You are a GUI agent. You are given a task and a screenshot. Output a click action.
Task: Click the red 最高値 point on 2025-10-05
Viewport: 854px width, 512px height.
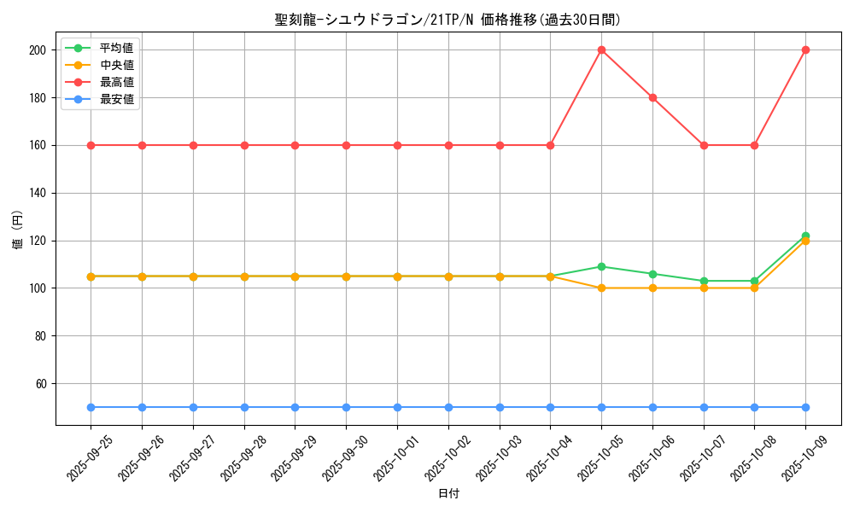tap(601, 49)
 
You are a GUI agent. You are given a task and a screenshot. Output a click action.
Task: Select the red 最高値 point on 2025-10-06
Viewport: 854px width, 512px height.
tap(652, 97)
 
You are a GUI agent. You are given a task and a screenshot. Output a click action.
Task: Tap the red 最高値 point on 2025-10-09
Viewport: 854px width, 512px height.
tap(805, 49)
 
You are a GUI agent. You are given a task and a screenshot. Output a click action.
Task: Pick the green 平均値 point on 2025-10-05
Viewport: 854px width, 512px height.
tap(601, 266)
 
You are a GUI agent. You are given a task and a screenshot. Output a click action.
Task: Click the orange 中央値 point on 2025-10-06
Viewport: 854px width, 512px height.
tap(652, 288)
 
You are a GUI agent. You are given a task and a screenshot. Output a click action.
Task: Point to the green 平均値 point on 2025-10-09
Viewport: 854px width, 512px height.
tap(805, 236)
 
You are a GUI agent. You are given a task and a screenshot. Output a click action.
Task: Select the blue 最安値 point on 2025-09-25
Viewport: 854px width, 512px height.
tap(91, 407)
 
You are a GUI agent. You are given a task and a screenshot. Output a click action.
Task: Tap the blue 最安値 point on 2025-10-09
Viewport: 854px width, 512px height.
tap(805, 407)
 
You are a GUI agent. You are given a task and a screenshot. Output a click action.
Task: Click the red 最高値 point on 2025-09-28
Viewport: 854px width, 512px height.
tap(244, 145)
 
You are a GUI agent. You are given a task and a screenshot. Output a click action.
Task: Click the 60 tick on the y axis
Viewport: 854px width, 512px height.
tap(41, 383)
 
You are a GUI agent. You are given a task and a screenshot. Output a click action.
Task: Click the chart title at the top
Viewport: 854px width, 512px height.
tap(447, 20)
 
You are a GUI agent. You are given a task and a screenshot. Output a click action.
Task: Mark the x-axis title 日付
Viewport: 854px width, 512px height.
tap(447, 494)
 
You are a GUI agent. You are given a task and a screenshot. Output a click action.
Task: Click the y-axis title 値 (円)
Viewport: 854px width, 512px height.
tap(18, 229)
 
